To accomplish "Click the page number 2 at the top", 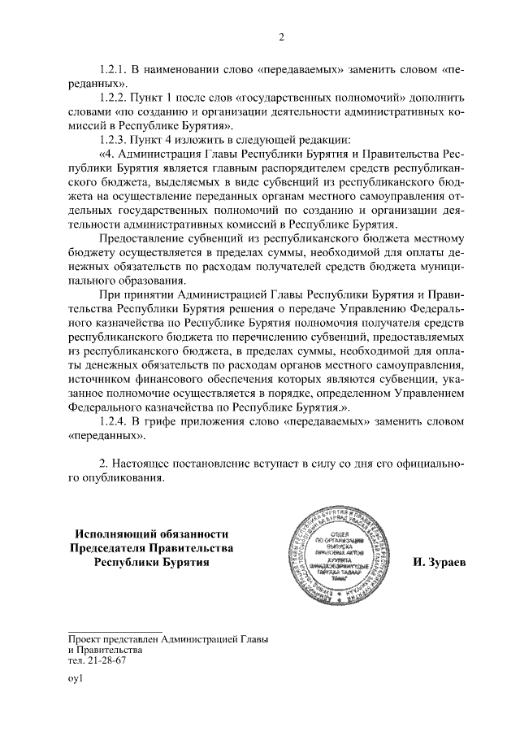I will (281, 37).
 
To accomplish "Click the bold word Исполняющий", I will (117, 534).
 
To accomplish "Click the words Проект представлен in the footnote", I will (114, 640).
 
